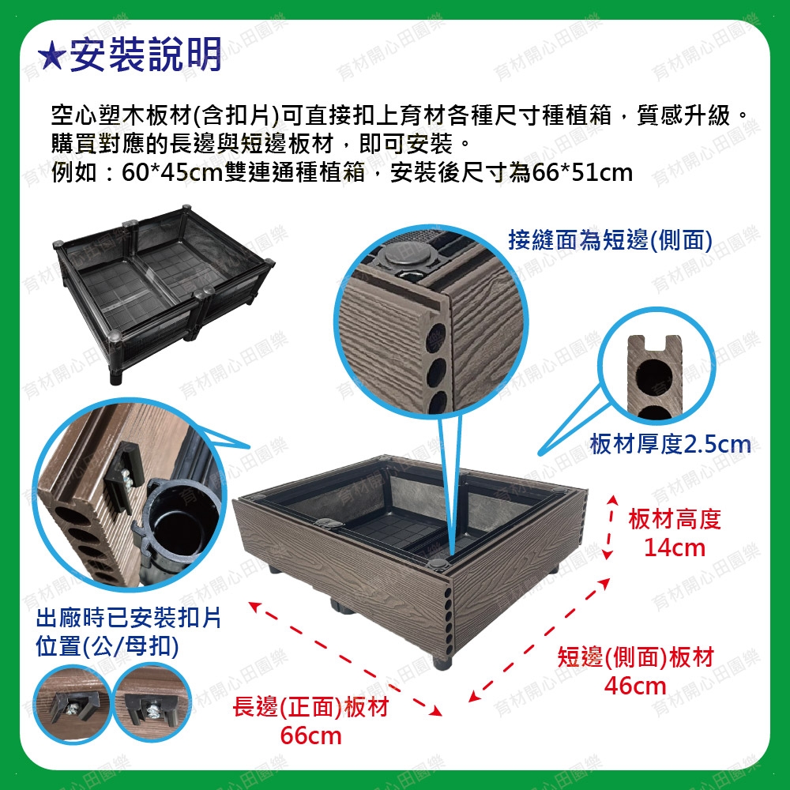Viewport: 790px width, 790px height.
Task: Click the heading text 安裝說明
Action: pos(145,55)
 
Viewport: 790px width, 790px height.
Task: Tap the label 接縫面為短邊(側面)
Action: pos(610,240)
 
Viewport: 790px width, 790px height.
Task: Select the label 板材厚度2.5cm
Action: pos(670,444)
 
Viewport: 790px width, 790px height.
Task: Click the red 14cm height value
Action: pos(675,547)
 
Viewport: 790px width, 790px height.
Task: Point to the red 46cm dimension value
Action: pos(635,686)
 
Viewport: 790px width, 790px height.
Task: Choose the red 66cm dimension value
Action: pos(310,735)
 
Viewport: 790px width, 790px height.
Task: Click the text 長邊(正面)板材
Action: pos(310,707)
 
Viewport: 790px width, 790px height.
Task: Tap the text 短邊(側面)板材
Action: pos(635,657)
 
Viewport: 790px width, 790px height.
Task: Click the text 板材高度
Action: pos(675,520)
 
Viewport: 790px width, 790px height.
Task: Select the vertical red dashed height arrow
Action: pos(611,527)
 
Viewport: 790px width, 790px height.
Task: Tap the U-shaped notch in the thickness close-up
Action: pos(656,343)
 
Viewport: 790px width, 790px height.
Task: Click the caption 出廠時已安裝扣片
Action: pos(129,618)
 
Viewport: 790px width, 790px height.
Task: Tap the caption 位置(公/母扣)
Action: pos(107,646)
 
